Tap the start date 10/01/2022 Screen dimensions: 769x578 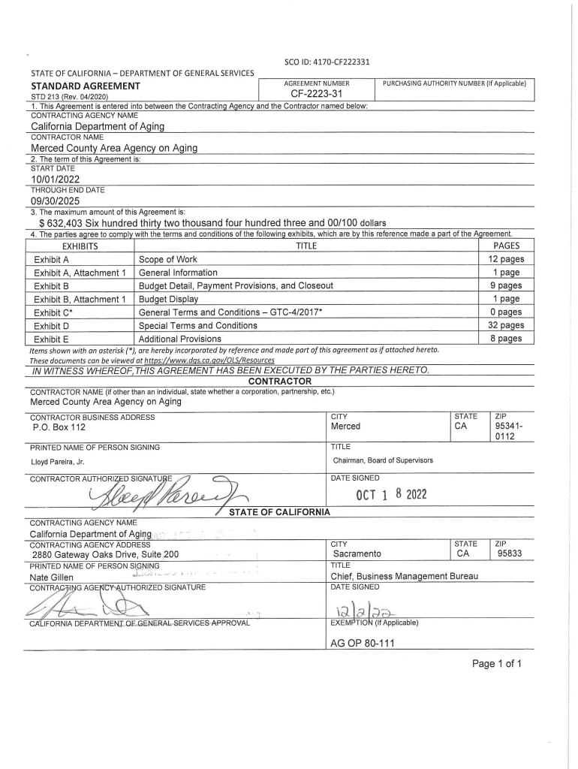pos(55,179)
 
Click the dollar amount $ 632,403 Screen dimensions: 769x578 pos(70,222)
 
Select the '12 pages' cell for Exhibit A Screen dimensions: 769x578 pos(505,259)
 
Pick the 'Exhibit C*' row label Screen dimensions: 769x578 pos(53,312)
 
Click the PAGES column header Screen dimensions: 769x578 pos(506,246)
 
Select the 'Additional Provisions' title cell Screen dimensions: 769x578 pos(180,339)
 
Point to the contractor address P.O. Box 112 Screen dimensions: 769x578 pos(59,427)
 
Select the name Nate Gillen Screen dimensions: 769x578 pos(52,577)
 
